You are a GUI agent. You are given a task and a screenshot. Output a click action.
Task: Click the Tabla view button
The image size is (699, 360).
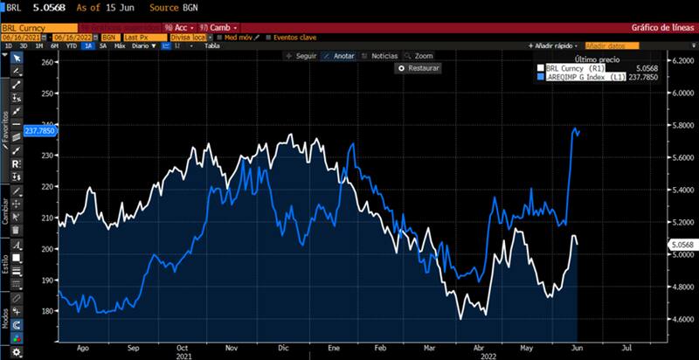(211, 45)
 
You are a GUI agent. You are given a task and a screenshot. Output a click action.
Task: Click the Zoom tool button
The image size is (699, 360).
(424, 55)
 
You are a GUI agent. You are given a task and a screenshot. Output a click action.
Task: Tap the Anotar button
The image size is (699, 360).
(341, 55)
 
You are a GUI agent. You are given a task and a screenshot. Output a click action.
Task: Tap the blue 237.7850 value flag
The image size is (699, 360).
(39, 131)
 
